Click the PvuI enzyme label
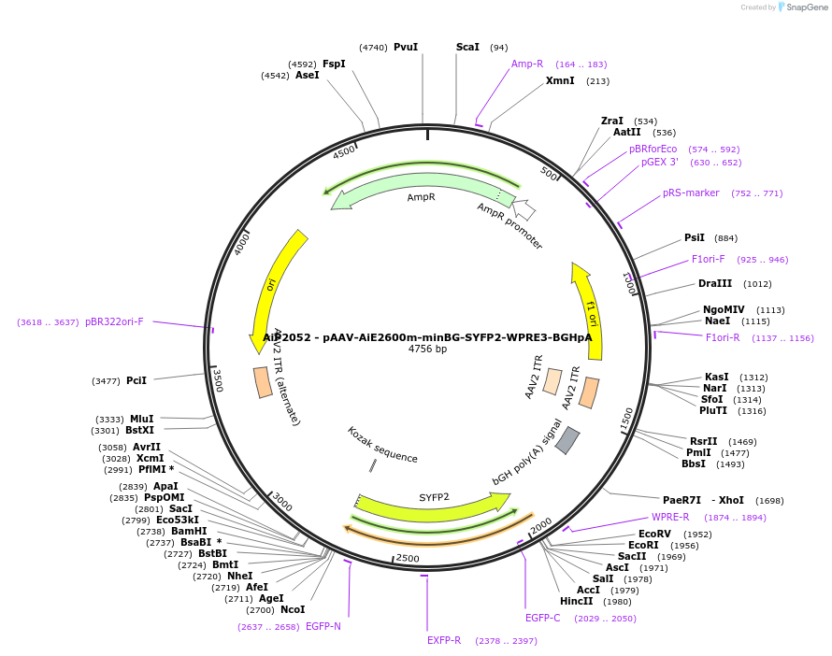click(x=405, y=47)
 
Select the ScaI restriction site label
click(x=467, y=47)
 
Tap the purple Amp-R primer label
click(x=527, y=64)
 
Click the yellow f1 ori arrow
click(x=589, y=308)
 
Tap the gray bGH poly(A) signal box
click(x=567, y=440)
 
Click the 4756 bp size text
click(x=427, y=349)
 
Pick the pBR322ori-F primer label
click(x=114, y=321)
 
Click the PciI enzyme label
click(x=136, y=380)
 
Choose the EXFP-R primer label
click(x=444, y=640)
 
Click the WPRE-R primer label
click(x=670, y=517)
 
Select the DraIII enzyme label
click(x=715, y=283)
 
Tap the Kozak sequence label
click(x=382, y=445)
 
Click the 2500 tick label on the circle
click(x=408, y=558)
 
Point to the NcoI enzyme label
click(x=293, y=609)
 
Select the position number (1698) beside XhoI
click(x=769, y=501)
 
